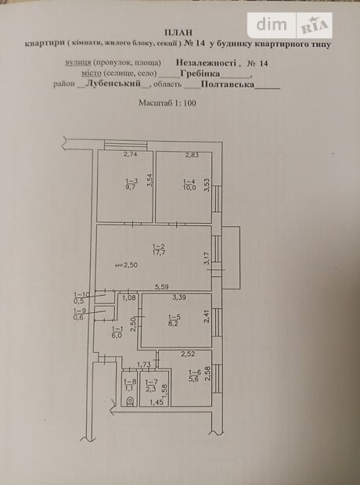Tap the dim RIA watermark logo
pyautogui.click(x=290, y=24)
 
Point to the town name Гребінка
pyautogui.click(x=201, y=75)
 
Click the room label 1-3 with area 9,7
pyautogui.click(x=130, y=185)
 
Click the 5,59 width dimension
pyautogui.click(x=161, y=286)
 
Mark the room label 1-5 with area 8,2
pyautogui.click(x=174, y=319)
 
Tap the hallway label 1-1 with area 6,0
pyautogui.click(x=117, y=332)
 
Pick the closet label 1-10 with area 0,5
pyautogui.click(x=80, y=298)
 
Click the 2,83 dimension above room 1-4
pyautogui.click(x=192, y=155)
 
